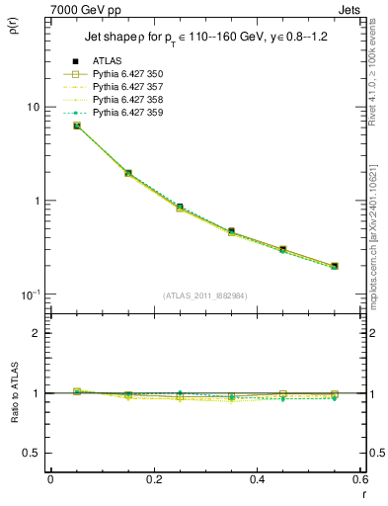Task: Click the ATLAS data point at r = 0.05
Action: [77, 126]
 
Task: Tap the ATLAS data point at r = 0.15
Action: [128, 173]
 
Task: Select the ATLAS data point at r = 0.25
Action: [180, 208]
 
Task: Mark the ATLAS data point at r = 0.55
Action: [335, 266]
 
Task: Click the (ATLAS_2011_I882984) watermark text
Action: [205, 295]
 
